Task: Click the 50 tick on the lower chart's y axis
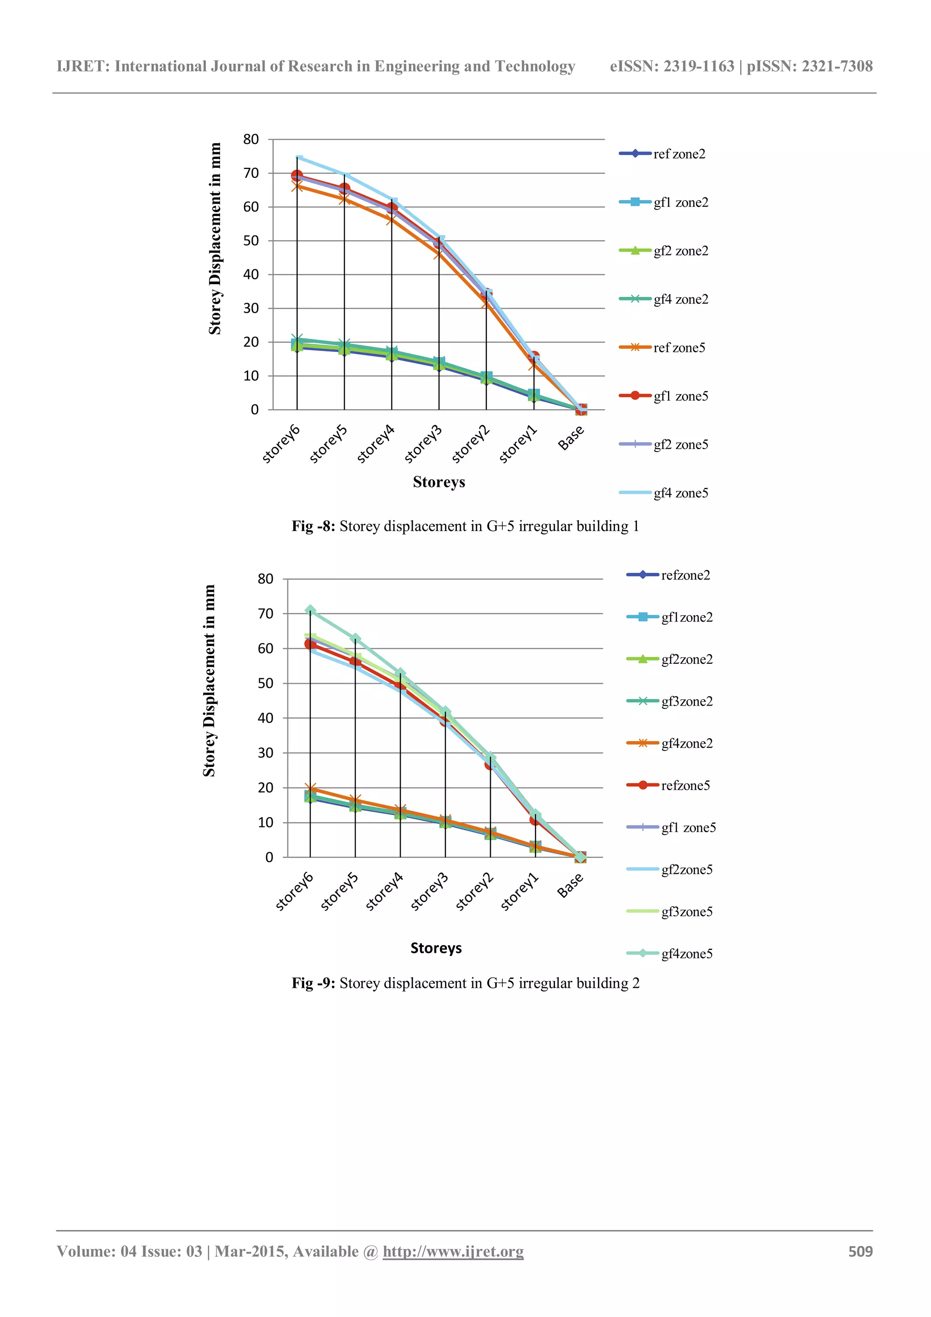pyautogui.click(x=265, y=683)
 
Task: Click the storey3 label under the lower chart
pyautogui.click(x=429, y=892)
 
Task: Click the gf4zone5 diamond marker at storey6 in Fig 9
pyautogui.click(x=310, y=610)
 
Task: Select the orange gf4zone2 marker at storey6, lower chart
pyautogui.click(x=310, y=789)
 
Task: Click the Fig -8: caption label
pyautogui.click(x=313, y=526)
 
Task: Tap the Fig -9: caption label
pyautogui.click(x=313, y=983)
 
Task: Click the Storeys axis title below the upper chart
pyautogui.click(x=439, y=482)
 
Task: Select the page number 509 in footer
pyautogui.click(x=860, y=1251)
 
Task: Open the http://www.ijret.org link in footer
pyautogui.click(x=453, y=1251)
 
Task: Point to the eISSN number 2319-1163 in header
pyautogui.click(x=699, y=66)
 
